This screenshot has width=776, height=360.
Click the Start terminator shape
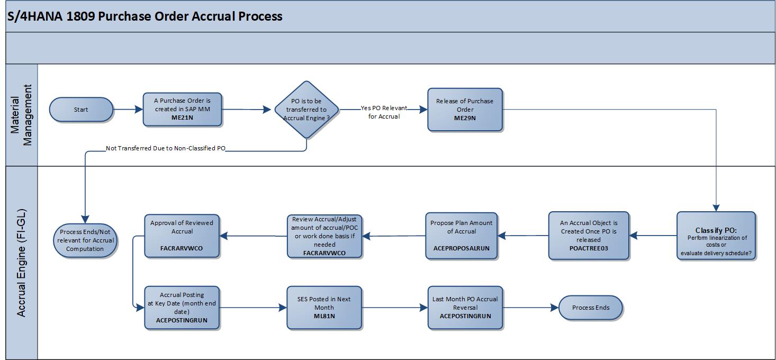click(x=81, y=110)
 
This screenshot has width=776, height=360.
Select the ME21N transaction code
click(x=182, y=118)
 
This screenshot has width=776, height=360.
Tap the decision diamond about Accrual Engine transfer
click(x=306, y=110)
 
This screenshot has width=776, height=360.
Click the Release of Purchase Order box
click(x=465, y=109)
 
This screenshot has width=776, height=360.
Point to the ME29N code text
click(x=465, y=118)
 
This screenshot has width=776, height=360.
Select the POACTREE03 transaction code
click(x=589, y=248)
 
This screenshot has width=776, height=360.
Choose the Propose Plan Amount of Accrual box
click(x=461, y=235)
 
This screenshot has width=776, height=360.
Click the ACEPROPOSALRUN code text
click(x=461, y=248)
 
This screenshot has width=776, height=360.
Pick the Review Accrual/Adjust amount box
click(x=324, y=236)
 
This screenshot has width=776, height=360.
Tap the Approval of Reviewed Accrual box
click(x=182, y=235)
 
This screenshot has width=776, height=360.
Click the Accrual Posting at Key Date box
click(x=182, y=307)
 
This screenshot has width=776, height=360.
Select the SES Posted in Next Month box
click(x=324, y=307)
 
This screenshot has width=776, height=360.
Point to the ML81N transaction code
click(x=324, y=316)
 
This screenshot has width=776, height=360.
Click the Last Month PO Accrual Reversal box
click(x=465, y=307)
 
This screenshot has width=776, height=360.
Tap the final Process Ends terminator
click(x=590, y=308)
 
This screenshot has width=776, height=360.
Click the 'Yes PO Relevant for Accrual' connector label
click(x=384, y=112)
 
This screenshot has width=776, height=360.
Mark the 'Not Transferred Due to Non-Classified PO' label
click(x=166, y=149)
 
